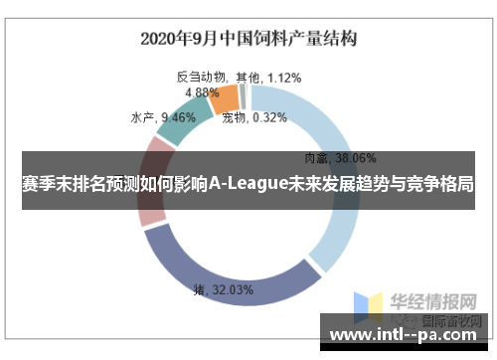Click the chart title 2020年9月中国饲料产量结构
coord(248,39)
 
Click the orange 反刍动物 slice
coord(225,98)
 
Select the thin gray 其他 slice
coord(242,93)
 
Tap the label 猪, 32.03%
coord(224,290)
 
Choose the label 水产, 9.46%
coord(163,117)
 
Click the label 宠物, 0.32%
coord(254,117)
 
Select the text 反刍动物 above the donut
coord(202,77)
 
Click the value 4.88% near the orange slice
coord(203,91)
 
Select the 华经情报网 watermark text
coord(435,299)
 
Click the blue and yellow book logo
coord(372,306)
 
